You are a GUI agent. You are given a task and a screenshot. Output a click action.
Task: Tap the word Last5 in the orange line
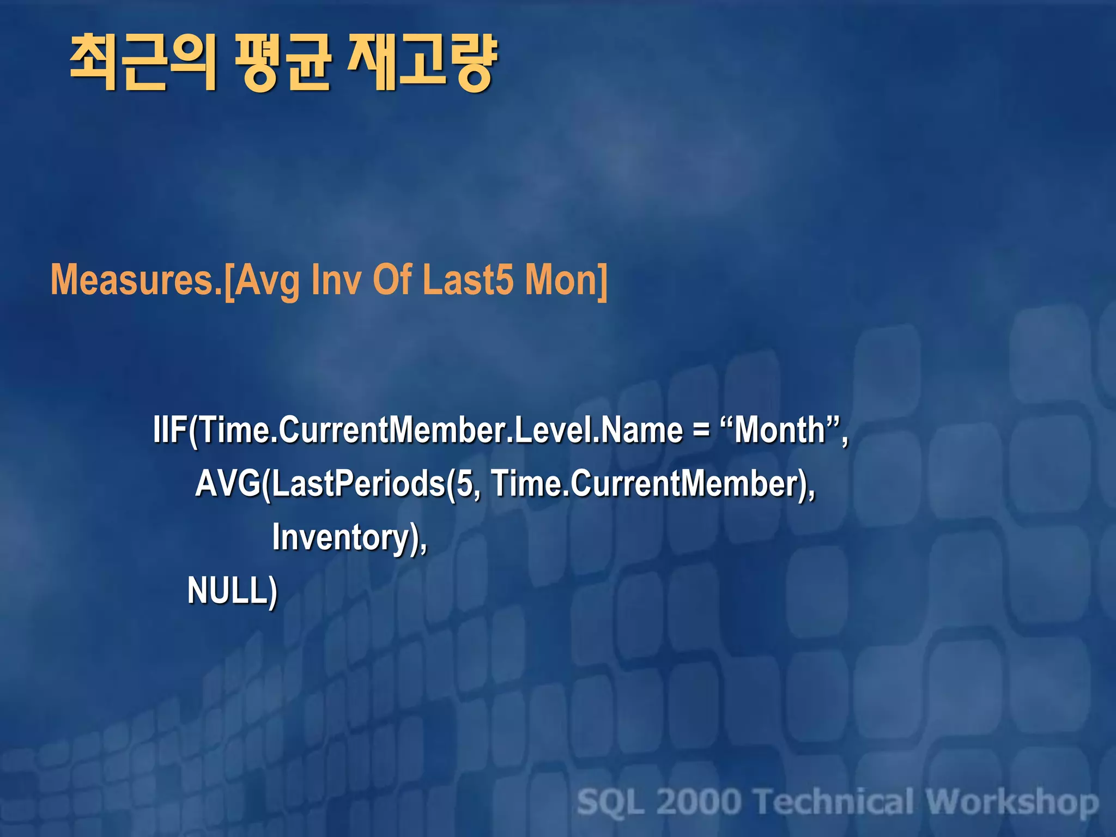click(468, 280)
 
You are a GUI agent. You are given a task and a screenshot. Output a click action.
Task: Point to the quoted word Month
click(780, 430)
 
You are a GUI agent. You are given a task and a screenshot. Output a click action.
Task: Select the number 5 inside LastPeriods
click(465, 483)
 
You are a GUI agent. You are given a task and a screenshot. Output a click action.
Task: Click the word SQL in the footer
click(611, 802)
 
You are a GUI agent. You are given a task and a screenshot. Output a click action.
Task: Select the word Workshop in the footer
click(1012, 802)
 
